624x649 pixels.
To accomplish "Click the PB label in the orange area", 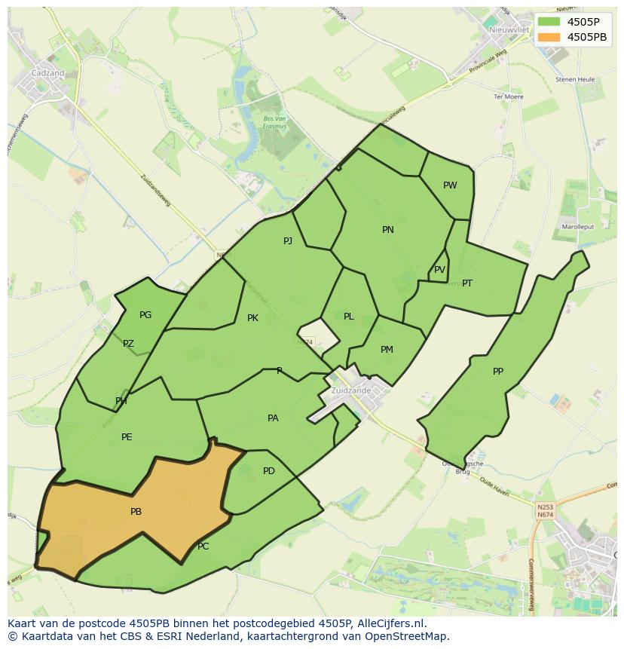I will click(136, 512).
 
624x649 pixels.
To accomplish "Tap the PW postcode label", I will click(450, 185).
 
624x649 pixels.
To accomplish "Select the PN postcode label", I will click(388, 230).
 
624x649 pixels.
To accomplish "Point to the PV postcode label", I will click(439, 270).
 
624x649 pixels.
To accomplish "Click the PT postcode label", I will click(467, 283).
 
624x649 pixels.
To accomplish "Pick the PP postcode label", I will click(498, 372).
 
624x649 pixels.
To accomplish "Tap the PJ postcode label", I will click(288, 241).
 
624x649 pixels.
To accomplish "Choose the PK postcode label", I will click(252, 318).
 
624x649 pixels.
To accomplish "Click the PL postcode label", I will click(348, 317).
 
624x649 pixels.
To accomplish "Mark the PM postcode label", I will click(387, 350).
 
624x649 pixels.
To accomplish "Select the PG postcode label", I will click(145, 315).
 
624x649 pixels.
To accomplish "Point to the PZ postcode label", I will click(128, 344).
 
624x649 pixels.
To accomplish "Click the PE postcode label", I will click(127, 437).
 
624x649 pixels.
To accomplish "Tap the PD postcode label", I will click(269, 471).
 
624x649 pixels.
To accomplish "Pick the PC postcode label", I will click(203, 546).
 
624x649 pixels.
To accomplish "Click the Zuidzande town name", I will click(350, 390).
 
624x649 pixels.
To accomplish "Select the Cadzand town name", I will click(47, 73).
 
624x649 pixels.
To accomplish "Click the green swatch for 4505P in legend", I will click(549, 21).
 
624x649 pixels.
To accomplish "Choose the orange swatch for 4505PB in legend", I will click(549, 36).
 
